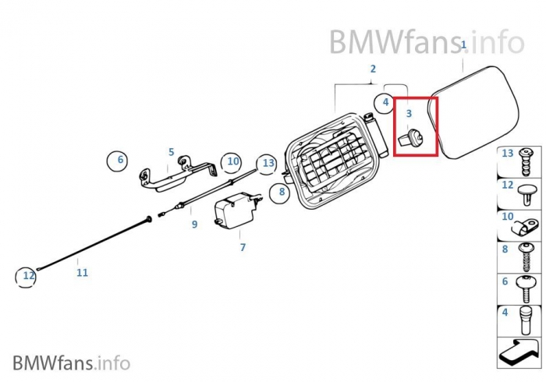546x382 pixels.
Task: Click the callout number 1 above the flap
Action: coord(463,45)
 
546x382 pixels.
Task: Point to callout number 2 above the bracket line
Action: coord(373,69)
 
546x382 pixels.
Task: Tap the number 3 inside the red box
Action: coord(408,114)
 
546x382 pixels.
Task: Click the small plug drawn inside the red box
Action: coord(410,139)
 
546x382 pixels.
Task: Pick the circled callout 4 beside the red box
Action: coord(385,102)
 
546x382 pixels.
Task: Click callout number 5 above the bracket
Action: coord(171,152)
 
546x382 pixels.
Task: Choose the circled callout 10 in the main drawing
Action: coord(232,162)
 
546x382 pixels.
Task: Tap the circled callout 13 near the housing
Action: coord(268,163)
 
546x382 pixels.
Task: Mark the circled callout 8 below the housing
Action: coord(282,191)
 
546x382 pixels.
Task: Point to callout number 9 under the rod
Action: coord(194,225)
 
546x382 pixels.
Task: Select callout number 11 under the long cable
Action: coord(82,273)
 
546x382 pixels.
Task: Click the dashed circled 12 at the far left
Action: coord(27,276)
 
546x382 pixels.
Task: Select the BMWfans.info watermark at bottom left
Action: coord(71,363)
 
